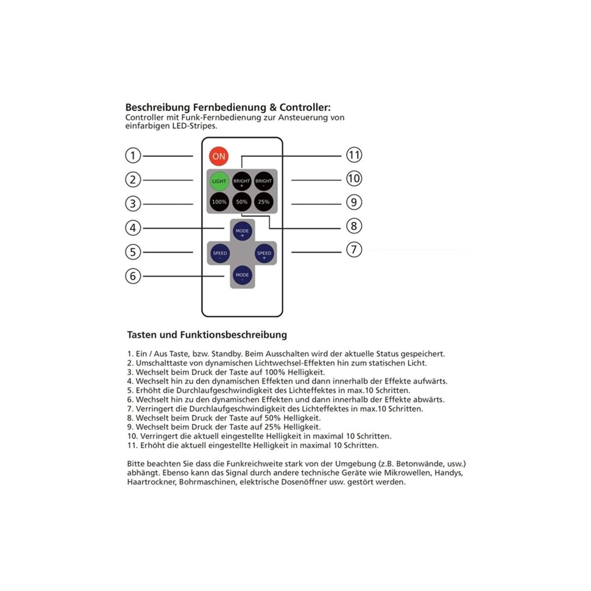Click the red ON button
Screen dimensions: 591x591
click(x=219, y=156)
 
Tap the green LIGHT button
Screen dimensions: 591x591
click(x=219, y=181)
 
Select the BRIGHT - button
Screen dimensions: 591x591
click(x=263, y=181)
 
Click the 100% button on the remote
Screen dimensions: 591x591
click(x=219, y=201)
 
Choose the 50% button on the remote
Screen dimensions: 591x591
click(x=242, y=201)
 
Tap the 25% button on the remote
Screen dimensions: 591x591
click(x=263, y=201)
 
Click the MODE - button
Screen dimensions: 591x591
click(x=242, y=275)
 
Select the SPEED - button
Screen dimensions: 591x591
click(x=220, y=253)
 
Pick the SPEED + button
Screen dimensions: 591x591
click(x=264, y=253)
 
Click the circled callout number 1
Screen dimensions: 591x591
click(x=133, y=156)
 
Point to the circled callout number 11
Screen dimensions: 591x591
click(x=354, y=155)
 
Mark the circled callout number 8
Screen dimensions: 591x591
click(x=354, y=226)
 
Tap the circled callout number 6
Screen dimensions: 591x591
click(x=133, y=276)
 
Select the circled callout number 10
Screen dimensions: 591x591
click(x=354, y=178)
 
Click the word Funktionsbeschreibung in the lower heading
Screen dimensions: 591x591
click(x=233, y=334)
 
